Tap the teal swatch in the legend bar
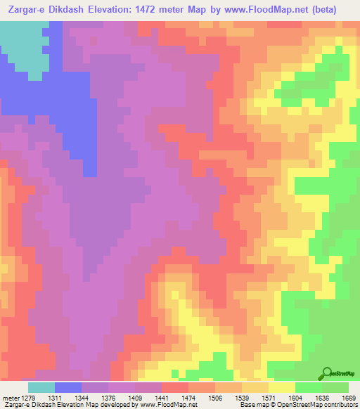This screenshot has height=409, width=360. click(x=41, y=387)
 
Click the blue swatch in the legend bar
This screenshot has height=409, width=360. click(x=68, y=387)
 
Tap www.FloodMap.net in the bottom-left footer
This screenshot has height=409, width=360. click(x=168, y=405)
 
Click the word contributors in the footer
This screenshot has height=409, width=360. click(x=341, y=405)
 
